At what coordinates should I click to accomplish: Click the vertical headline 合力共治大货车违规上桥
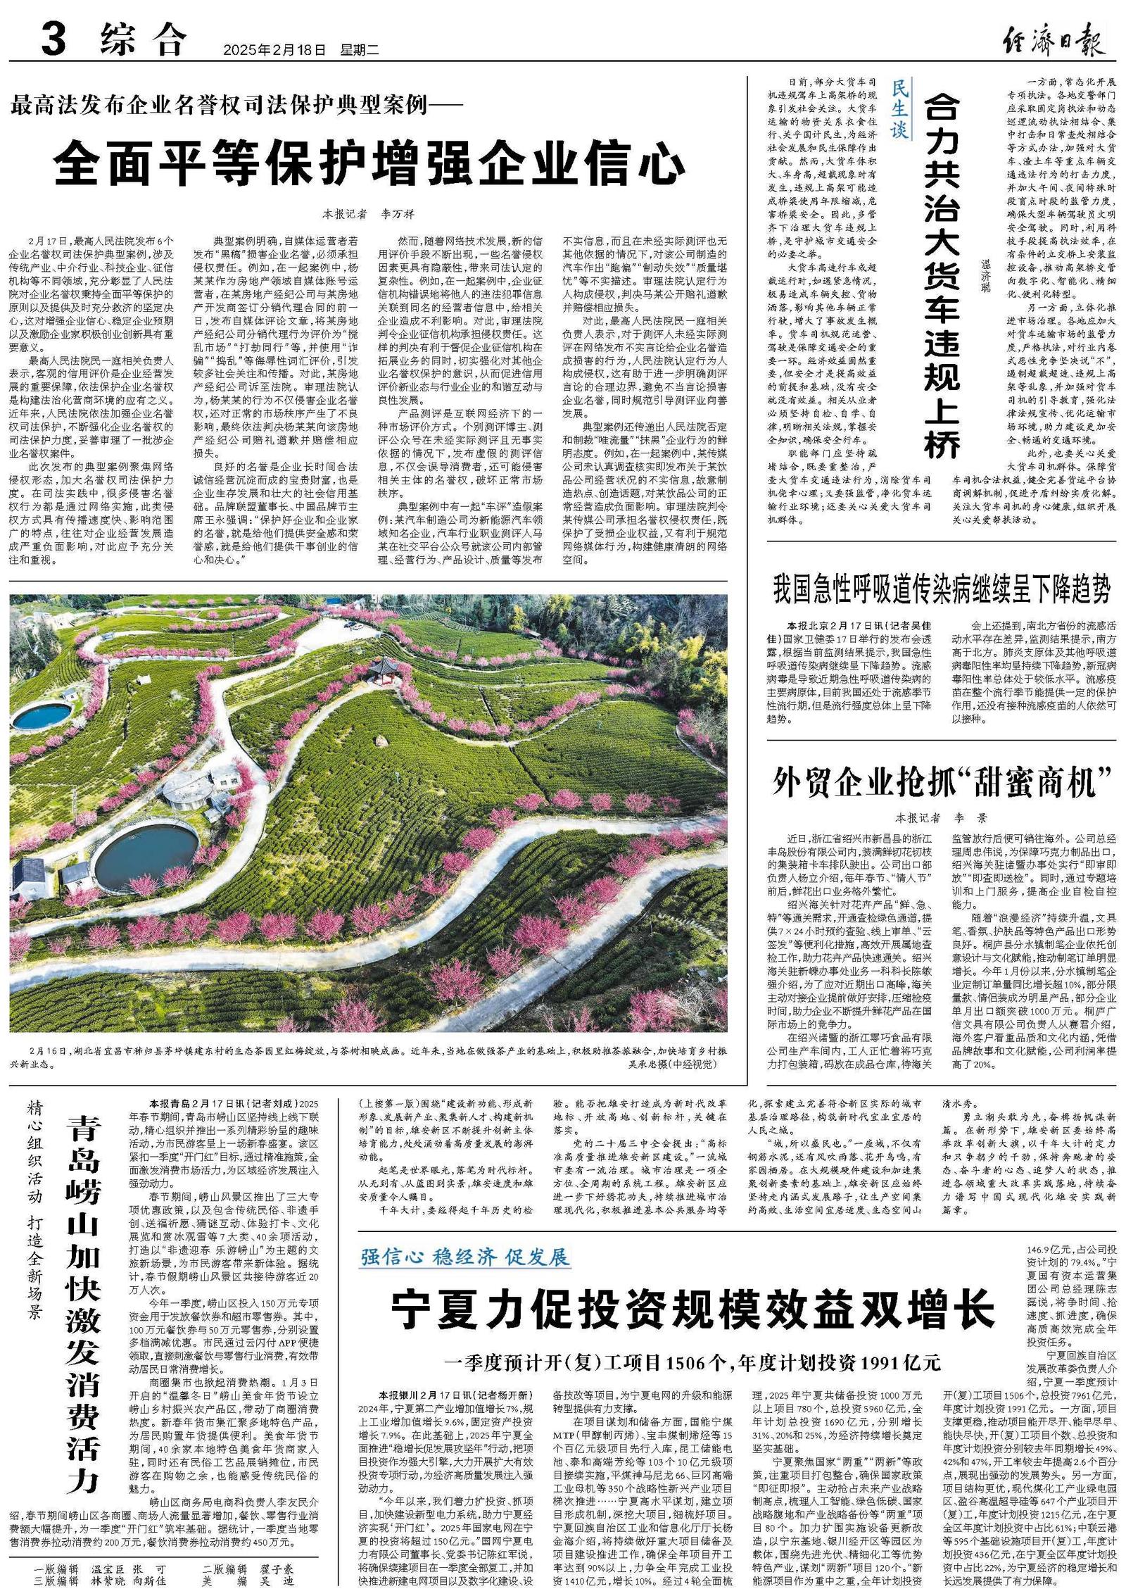[x=941, y=275]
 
